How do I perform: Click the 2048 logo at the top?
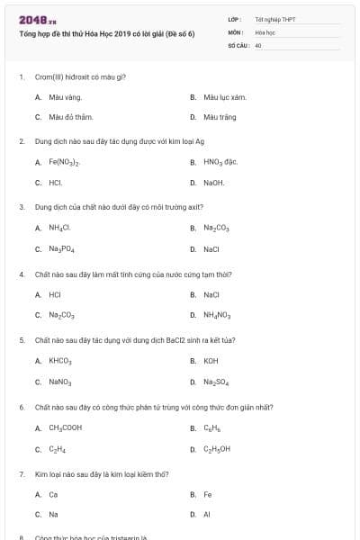click(x=32, y=19)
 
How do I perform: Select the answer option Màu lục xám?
click(x=224, y=96)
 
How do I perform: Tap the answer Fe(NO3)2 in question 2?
click(x=65, y=162)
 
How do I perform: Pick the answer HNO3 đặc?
click(x=220, y=162)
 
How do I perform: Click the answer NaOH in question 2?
click(x=213, y=183)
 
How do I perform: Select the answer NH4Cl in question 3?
click(x=60, y=228)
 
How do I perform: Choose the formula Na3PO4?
click(x=62, y=249)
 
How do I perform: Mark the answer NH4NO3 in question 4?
click(x=217, y=315)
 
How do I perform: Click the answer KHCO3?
click(x=60, y=361)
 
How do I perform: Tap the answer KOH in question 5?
click(x=211, y=361)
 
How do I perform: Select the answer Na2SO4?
click(x=216, y=382)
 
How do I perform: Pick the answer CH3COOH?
click(x=66, y=427)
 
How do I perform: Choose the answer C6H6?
click(x=211, y=427)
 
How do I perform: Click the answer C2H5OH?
click(x=217, y=449)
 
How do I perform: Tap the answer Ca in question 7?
click(x=53, y=494)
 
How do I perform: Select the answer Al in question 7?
click(x=207, y=515)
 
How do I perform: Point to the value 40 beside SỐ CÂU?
click(x=258, y=44)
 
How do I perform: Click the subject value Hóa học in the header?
click(x=265, y=31)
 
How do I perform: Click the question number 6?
click(x=21, y=407)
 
